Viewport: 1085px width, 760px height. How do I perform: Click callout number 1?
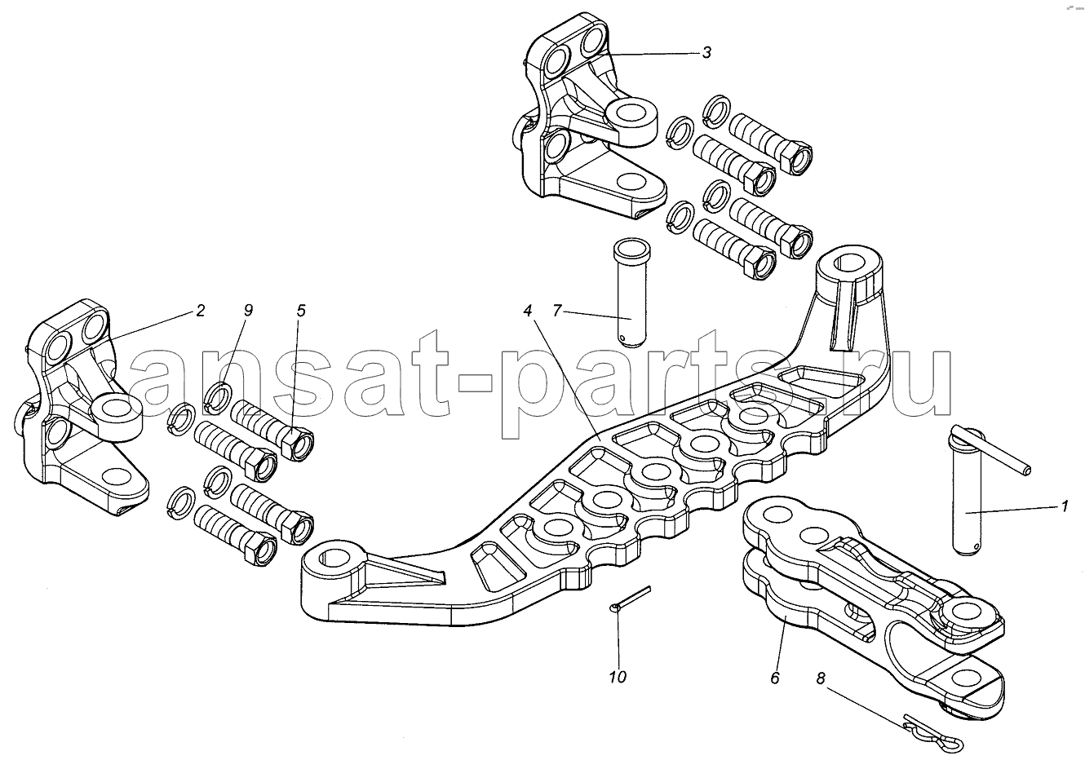click(1063, 507)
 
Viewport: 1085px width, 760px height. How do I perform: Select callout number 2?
click(200, 310)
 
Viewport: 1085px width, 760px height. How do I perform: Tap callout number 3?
click(706, 53)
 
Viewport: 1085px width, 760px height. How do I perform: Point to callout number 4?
click(529, 310)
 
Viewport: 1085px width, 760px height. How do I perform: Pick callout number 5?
click(301, 310)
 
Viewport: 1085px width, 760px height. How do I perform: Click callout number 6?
click(774, 678)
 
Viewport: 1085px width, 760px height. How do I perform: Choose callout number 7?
click(557, 310)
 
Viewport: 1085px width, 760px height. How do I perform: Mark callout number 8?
click(820, 676)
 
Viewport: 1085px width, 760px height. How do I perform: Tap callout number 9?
click(248, 310)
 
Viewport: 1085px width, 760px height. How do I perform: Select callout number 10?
click(618, 678)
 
